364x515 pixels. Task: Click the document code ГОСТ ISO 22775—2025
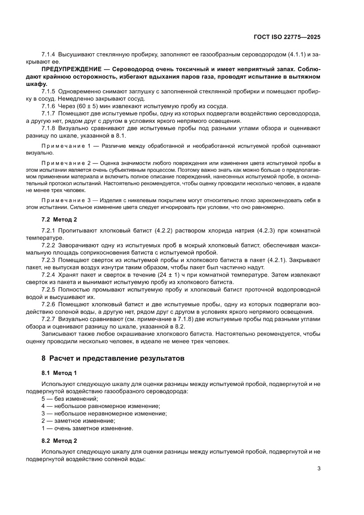(287, 37)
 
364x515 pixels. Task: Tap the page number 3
(318, 468)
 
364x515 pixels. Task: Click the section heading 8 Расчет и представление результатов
(111, 358)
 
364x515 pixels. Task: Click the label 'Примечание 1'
(65, 146)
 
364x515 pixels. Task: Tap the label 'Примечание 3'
(65, 200)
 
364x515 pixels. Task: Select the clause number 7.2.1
(48, 230)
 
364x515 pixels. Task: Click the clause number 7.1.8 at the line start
(48, 129)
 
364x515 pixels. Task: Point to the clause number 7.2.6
(48, 304)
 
